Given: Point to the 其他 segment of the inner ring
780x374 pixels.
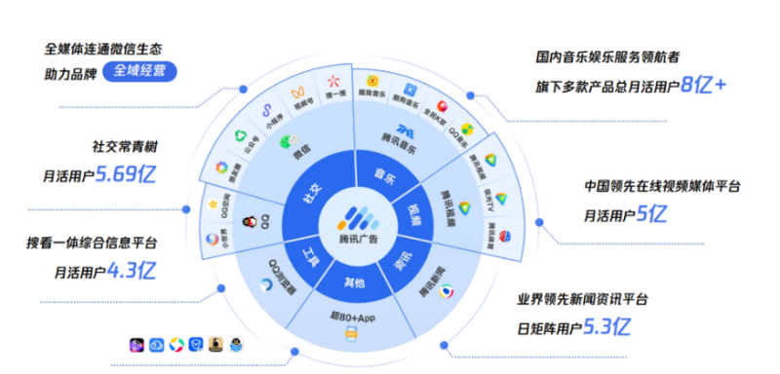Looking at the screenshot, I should [x=355, y=282].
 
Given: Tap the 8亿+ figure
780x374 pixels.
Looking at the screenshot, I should [x=703, y=85].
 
